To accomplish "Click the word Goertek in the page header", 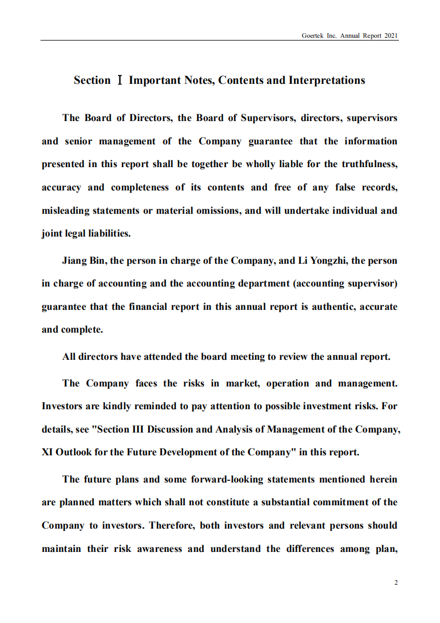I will point(312,35).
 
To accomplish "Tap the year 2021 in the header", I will point(391,35).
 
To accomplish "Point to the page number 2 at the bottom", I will point(396,582).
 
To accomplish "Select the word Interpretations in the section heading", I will point(327,81).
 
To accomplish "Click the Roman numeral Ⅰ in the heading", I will point(119,81).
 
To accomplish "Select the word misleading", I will point(64,210).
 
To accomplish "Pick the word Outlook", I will point(75,452).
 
